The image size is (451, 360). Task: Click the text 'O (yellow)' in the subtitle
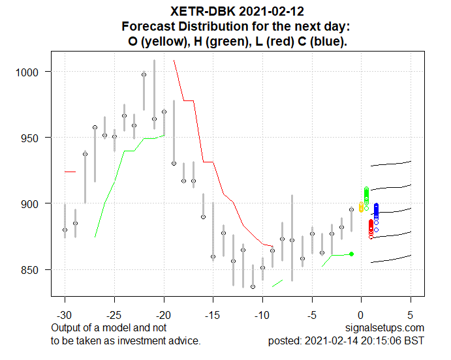[157, 41]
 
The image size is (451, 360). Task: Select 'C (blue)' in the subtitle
[321, 41]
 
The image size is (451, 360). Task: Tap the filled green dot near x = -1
[351, 254]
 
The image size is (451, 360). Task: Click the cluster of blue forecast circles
[376, 211]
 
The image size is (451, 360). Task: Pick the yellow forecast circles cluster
[362, 207]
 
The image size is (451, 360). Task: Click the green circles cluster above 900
[366, 194]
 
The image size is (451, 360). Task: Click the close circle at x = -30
[65, 230]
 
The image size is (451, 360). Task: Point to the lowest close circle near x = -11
[253, 286]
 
